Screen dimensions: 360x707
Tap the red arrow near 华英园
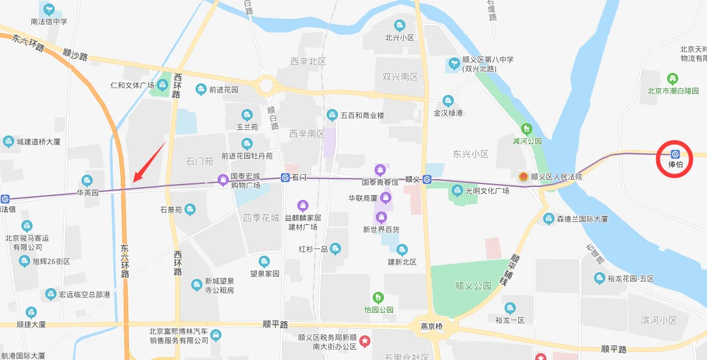(149, 162)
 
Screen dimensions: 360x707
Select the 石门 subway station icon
(285, 178)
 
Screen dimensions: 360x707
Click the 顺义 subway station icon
(427, 179)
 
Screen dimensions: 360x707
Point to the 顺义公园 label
(473, 286)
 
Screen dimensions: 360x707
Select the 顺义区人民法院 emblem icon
(523, 177)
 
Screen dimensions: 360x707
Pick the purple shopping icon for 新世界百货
(381, 217)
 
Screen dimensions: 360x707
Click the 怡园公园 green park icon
(378, 297)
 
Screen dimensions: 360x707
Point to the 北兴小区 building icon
(400, 25)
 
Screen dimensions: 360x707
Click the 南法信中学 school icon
(48, 9)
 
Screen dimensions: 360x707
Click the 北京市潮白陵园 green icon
(673, 79)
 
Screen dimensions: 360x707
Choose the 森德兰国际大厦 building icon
(549, 218)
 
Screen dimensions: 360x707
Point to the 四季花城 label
(261, 218)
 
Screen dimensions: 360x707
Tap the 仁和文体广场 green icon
(164, 85)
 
